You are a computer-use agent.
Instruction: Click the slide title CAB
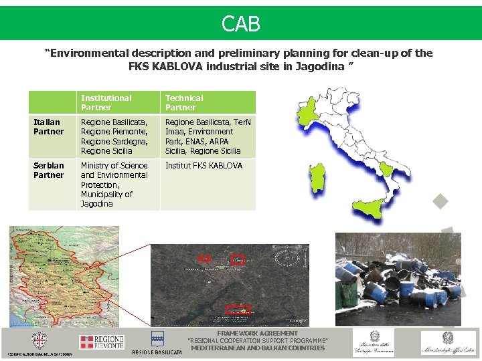click(241, 25)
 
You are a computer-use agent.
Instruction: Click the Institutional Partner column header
click(106, 102)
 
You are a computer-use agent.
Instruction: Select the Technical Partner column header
click(184, 102)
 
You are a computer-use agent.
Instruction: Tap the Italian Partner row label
click(48, 127)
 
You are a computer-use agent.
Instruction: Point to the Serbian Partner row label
click(49, 170)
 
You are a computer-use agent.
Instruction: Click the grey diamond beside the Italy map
click(439, 201)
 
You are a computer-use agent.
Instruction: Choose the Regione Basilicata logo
click(157, 342)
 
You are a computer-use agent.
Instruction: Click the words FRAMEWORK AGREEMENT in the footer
click(257, 333)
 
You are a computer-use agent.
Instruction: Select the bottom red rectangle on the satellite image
click(238, 310)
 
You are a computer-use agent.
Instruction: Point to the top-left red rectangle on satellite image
click(205, 258)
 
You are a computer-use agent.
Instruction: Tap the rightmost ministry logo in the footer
click(448, 342)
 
